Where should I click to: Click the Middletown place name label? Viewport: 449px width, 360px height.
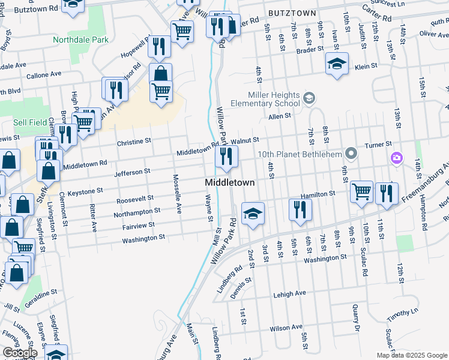click(230, 182)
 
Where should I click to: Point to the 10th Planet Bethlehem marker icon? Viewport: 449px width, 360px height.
click(352, 154)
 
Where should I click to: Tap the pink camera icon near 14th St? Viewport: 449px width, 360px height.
click(396, 158)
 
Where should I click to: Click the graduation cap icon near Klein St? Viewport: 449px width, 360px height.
click(337, 63)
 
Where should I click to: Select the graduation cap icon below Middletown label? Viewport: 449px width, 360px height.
click(253, 213)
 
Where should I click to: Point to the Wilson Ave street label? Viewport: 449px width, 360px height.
click(286, 328)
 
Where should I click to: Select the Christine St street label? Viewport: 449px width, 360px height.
click(134, 142)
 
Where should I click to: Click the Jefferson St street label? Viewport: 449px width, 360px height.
click(133, 172)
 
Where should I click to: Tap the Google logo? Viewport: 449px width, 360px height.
click(20, 353)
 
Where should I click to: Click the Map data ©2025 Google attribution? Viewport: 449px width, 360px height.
click(412, 355)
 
